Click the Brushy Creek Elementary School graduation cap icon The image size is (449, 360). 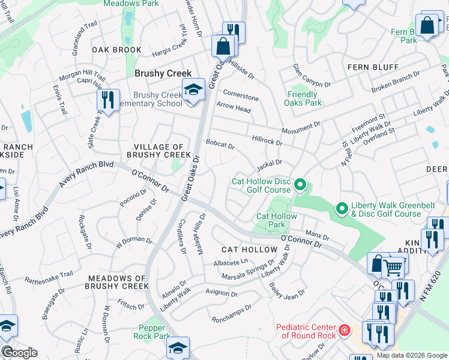(193, 91)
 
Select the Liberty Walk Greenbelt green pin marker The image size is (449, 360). (342, 209)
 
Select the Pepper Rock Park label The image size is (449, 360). (155, 332)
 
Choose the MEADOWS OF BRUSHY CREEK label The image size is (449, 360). (118, 282)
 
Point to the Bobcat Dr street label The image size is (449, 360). (220, 145)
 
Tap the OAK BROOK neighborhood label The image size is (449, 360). (116, 50)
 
